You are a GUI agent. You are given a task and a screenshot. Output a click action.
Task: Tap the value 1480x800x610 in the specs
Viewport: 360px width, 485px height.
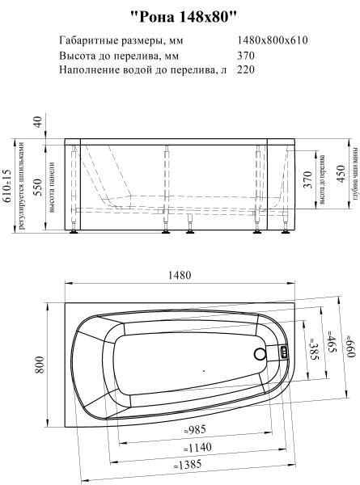(x=273, y=40)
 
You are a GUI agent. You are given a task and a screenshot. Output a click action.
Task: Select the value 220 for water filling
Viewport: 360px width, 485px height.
(x=246, y=70)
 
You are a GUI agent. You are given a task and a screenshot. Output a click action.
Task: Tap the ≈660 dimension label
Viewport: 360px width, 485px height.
(x=350, y=324)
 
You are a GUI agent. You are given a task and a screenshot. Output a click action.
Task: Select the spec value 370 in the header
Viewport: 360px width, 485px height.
(x=246, y=56)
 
